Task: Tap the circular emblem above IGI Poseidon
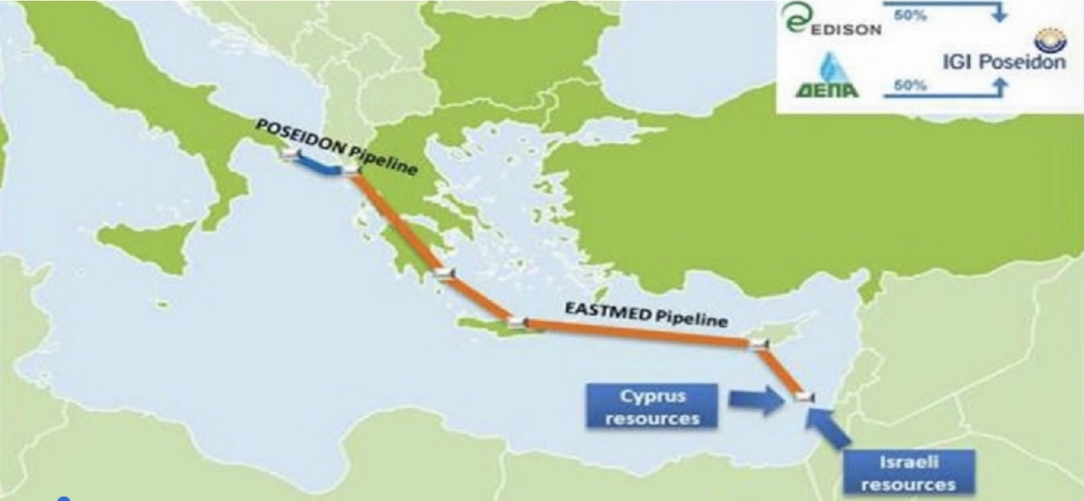point(1051,42)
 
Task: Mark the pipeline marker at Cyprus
point(757,343)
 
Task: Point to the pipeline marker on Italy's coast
point(288,155)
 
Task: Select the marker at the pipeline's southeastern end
point(803,396)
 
